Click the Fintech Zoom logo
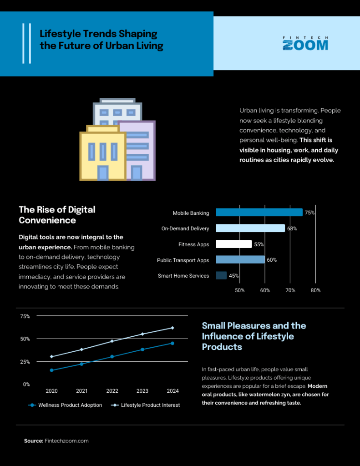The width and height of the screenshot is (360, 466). (305, 43)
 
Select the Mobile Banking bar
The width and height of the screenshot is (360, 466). (259, 213)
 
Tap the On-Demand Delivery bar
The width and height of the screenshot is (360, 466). (250, 228)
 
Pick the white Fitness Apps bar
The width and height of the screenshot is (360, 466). (233, 244)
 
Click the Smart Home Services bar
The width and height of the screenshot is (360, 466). (221, 275)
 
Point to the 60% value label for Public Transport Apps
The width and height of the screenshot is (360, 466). (272, 260)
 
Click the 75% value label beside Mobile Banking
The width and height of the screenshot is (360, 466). (309, 213)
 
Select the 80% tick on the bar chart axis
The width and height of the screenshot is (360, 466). (315, 290)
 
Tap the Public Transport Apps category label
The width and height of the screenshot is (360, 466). (183, 260)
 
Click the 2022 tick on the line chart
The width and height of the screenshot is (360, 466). (112, 391)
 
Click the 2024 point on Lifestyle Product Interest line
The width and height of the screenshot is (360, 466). (172, 328)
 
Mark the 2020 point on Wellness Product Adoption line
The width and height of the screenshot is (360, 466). (51, 370)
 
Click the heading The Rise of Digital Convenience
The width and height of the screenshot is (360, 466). (57, 215)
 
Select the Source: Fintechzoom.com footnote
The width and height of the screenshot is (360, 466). (56, 441)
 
